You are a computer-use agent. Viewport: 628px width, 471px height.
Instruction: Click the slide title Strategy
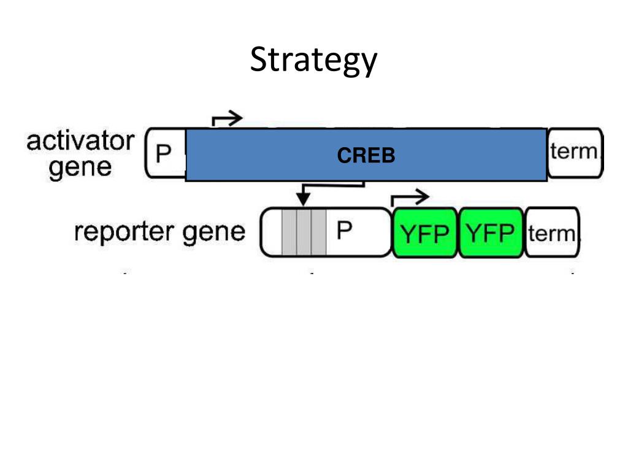[313, 61]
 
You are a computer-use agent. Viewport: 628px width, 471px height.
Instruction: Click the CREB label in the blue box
[366, 156]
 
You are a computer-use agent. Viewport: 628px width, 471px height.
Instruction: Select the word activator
[80, 142]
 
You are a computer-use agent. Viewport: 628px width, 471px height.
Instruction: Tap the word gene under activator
[80, 167]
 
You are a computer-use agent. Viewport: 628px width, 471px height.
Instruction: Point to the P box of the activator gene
[163, 154]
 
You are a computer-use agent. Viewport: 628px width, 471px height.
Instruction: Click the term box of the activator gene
[574, 153]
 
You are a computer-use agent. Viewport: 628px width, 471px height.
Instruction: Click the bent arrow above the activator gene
[226, 119]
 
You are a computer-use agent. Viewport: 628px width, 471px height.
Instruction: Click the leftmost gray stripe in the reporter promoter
[289, 232]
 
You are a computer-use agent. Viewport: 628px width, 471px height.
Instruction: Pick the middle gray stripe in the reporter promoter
[304, 232]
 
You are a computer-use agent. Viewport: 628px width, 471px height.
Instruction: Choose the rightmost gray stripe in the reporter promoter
[318, 232]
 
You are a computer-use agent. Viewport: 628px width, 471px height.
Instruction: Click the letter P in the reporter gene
[345, 231]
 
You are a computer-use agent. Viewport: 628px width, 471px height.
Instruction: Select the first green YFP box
[425, 233]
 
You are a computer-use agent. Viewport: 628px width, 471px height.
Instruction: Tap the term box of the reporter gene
[552, 232]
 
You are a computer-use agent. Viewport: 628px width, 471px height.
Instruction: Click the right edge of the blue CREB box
[546, 155]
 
